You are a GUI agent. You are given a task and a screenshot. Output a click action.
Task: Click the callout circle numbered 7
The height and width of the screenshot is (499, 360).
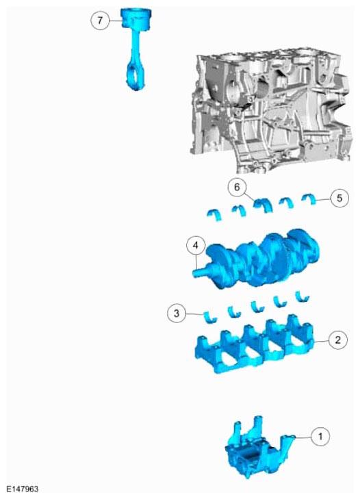(100, 21)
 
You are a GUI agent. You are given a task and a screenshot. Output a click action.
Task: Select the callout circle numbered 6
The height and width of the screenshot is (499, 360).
(237, 187)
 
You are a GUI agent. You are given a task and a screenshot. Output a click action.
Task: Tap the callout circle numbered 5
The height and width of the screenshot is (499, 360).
(339, 199)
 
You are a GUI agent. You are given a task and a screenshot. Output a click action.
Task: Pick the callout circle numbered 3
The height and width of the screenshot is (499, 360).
(177, 314)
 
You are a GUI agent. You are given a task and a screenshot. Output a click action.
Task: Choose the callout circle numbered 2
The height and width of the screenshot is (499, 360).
(337, 340)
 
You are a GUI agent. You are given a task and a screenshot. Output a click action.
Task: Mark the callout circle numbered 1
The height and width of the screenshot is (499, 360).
(320, 436)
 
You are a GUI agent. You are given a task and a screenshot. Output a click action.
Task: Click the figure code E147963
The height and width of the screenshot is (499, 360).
(23, 489)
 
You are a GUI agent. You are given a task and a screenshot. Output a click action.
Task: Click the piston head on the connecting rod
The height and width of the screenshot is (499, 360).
(136, 19)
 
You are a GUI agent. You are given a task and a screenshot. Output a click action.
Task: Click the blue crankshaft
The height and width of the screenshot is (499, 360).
(258, 259)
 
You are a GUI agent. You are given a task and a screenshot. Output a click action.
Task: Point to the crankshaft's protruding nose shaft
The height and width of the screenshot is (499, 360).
(201, 272)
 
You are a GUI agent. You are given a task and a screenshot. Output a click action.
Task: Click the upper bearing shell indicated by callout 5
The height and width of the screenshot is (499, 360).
(309, 199)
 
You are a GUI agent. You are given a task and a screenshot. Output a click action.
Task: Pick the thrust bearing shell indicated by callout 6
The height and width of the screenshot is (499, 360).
(263, 204)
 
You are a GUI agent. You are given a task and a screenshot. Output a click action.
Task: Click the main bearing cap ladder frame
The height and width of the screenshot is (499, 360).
(255, 347)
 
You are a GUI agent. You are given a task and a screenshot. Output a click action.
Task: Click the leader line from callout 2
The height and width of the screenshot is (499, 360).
(322, 341)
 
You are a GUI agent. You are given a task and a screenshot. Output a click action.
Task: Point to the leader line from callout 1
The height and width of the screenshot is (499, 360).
(303, 437)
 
